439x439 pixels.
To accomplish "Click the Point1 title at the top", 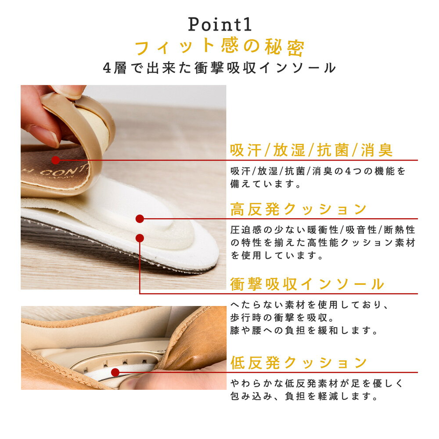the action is click(220, 24).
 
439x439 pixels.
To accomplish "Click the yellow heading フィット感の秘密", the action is click(219, 47).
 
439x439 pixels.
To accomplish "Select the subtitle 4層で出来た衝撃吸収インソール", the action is click(219, 68).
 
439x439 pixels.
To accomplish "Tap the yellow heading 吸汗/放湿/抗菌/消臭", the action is click(311, 150).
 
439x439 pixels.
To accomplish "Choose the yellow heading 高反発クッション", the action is click(299, 209).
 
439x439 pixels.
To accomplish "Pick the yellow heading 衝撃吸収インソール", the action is click(307, 284).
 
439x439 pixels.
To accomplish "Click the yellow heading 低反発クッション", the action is click(299, 363).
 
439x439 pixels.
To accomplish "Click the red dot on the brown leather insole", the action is click(56, 160).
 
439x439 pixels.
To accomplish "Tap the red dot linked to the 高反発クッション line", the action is click(140, 219).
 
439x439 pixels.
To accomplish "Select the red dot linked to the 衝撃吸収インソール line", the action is click(140, 238).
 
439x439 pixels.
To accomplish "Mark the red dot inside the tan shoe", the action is click(115, 372).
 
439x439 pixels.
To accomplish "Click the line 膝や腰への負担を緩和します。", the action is click(304, 331).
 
